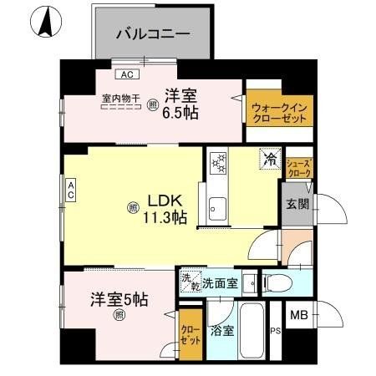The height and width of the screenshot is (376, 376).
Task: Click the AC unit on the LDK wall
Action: coord(72,190)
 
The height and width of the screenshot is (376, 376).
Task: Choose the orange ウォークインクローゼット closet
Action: coord(276,112)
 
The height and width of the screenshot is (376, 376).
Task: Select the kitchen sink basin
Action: coord(219,205)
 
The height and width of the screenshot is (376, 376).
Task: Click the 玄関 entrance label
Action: coord(298,205)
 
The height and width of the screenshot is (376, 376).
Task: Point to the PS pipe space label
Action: coord(275,330)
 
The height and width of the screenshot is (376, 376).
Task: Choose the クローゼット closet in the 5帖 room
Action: coord(191,336)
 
